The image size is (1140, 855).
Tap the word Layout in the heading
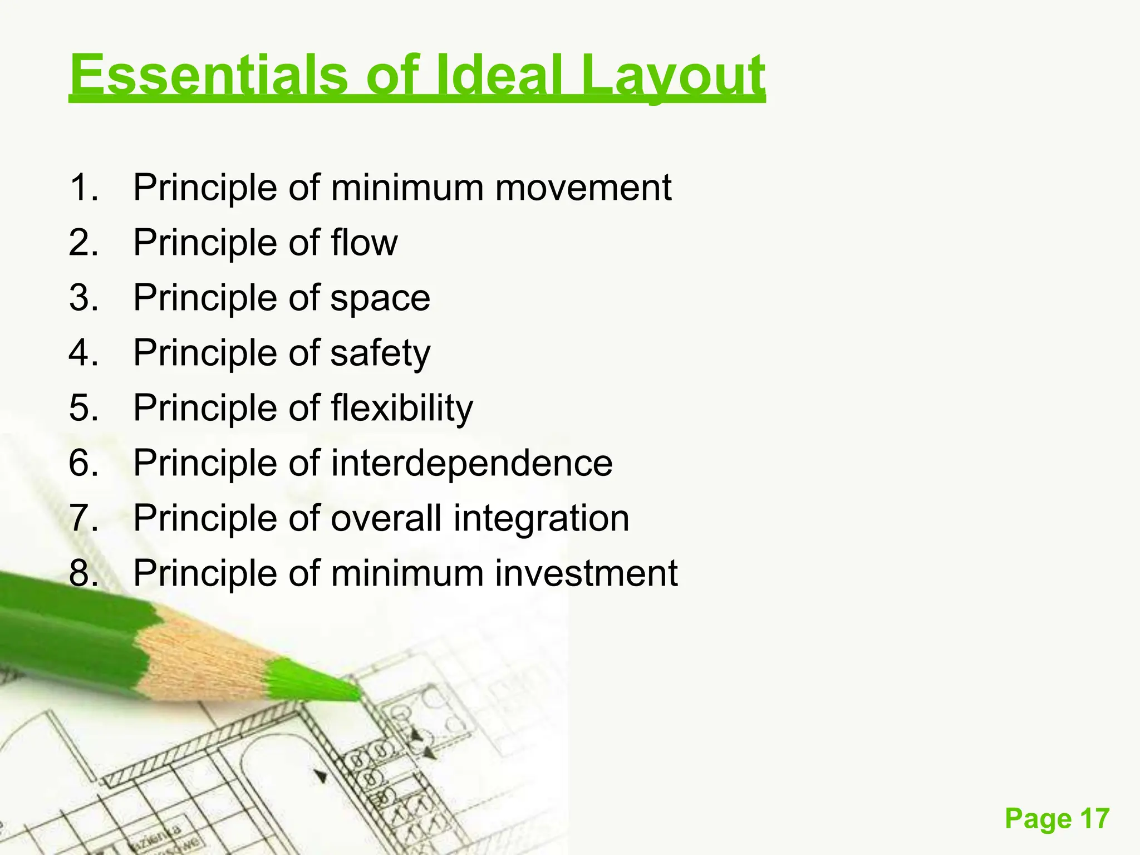tap(672, 76)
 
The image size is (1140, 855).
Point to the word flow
tap(365, 243)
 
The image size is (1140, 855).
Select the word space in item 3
tap(380, 299)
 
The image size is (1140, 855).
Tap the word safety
tap(380, 353)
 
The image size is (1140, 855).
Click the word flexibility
tap(402, 408)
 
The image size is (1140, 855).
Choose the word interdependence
tap(471, 463)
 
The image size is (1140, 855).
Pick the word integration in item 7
tap(541, 518)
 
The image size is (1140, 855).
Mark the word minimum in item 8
tap(407, 573)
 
